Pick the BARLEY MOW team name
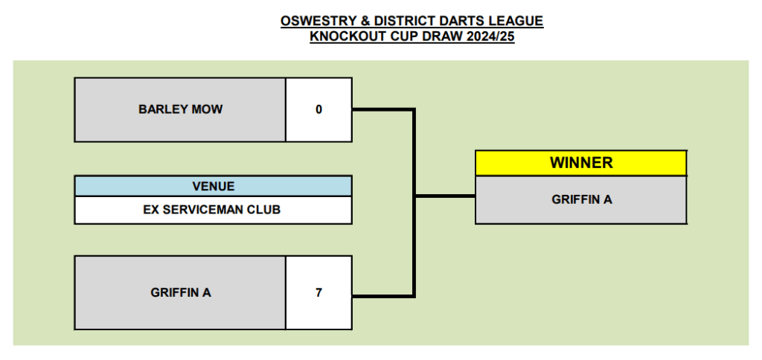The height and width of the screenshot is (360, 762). pos(180,109)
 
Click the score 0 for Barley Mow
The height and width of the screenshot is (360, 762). pos(318,110)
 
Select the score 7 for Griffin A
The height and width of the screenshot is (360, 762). pos(318,293)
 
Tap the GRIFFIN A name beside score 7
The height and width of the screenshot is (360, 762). pos(180,293)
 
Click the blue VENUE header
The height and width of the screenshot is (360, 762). pos(214,186)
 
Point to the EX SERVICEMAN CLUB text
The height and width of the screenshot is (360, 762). pos(212,210)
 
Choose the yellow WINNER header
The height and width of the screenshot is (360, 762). pos(581,163)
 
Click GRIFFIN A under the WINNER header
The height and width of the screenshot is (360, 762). pos(582,199)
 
